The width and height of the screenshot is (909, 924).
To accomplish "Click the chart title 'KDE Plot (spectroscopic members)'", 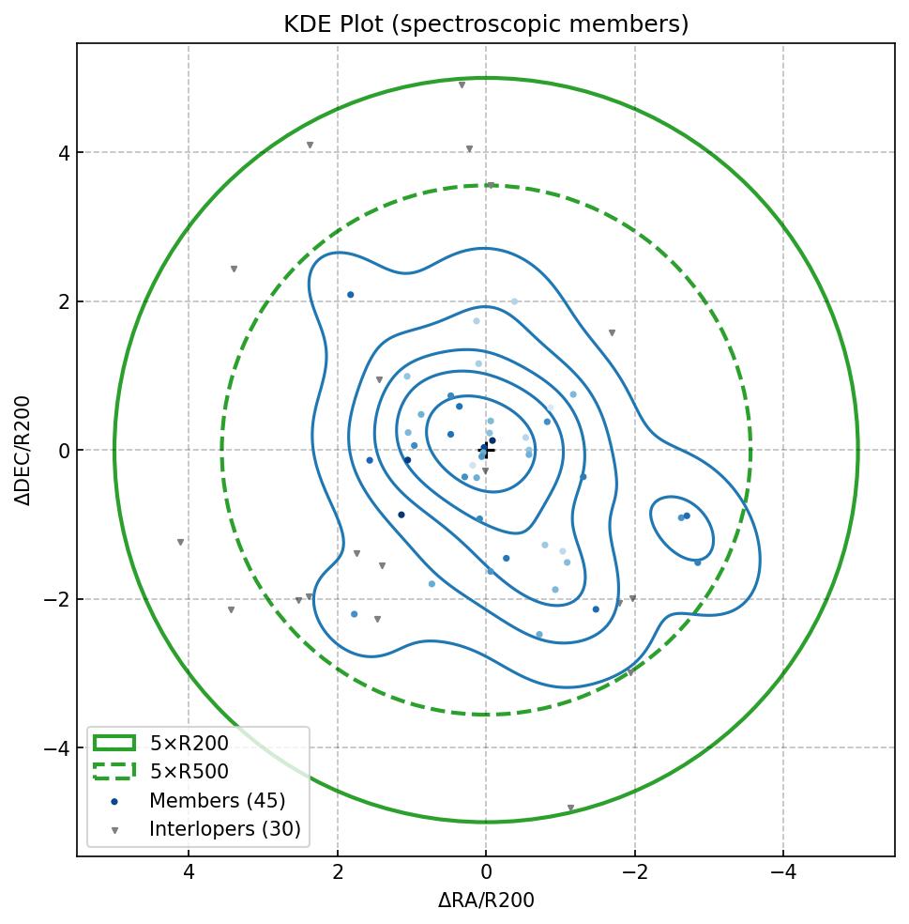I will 486,24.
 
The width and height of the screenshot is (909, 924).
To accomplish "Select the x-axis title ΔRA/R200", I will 486,901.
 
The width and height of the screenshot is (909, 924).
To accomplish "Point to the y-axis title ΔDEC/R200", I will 23,450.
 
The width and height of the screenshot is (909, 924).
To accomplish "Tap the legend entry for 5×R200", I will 189,744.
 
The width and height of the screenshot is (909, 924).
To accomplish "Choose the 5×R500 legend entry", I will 189,772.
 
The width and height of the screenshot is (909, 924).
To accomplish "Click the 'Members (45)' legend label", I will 217,801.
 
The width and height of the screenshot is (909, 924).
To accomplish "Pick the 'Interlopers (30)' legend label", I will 224,829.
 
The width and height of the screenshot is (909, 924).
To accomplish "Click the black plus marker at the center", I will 486,450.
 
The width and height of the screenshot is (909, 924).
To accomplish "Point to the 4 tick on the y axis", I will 64,153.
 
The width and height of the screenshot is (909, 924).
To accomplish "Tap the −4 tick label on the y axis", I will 58,748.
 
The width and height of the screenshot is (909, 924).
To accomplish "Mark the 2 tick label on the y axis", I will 64,301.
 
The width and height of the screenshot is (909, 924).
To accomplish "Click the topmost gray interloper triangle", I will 462,85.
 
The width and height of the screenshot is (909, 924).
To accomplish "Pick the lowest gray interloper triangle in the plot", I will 570,808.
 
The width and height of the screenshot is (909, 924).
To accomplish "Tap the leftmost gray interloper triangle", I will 180,543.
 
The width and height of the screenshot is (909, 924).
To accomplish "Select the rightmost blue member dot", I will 697,562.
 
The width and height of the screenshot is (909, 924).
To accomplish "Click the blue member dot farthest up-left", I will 351,295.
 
